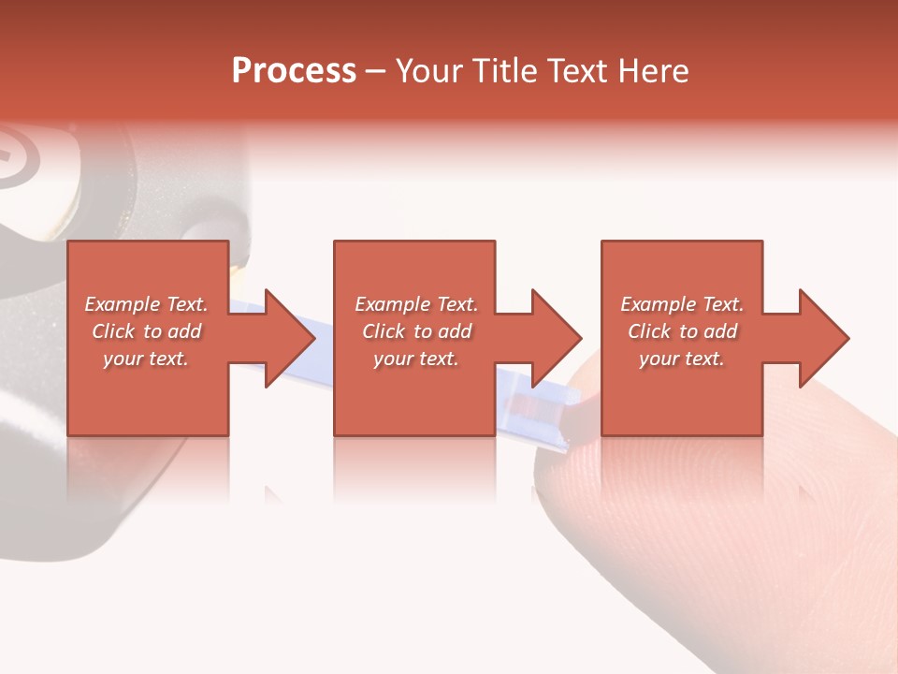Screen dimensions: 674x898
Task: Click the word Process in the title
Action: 294,71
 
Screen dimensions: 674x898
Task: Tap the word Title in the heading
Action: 505,71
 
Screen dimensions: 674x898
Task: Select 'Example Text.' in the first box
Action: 146,304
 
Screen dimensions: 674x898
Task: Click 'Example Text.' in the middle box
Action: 416,304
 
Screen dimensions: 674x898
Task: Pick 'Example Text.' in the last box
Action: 682,304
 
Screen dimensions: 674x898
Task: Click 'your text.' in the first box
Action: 146,359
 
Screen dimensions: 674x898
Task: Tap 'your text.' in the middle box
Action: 416,359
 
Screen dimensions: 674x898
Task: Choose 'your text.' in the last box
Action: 682,359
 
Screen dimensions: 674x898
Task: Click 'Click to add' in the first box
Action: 146,331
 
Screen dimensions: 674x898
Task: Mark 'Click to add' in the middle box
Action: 416,331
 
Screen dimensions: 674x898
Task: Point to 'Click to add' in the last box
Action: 682,331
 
